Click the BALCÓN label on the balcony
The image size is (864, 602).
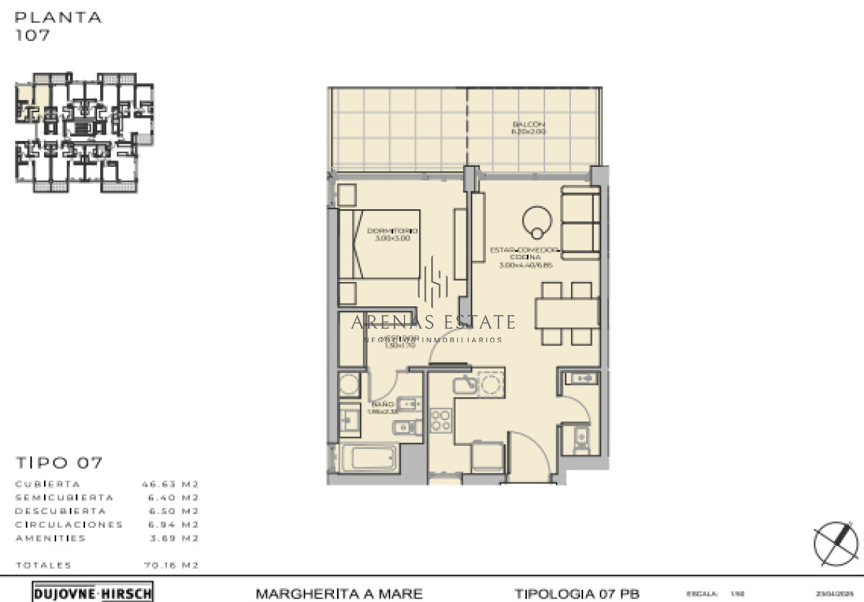pyautogui.click(x=528, y=127)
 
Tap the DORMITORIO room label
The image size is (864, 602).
pyautogui.click(x=392, y=234)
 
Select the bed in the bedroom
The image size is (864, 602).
pyautogui.click(x=379, y=244)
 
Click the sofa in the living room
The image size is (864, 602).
pyautogui.click(x=580, y=222)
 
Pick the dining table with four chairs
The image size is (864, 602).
pyautogui.click(x=567, y=313)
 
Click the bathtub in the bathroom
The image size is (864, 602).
pyautogui.click(x=368, y=457)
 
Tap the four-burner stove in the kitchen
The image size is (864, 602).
pyautogui.click(x=441, y=421)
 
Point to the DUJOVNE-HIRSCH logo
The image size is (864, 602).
pyautogui.click(x=93, y=593)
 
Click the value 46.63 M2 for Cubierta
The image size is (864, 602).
pyautogui.click(x=170, y=484)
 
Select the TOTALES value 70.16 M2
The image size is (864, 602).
pyautogui.click(x=170, y=565)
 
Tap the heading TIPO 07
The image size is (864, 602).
pyautogui.click(x=59, y=462)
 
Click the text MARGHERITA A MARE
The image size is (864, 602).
pyautogui.click(x=339, y=593)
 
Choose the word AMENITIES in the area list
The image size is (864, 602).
pyautogui.click(x=50, y=538)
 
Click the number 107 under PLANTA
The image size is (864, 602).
pyautogui.click(x=33, y=35)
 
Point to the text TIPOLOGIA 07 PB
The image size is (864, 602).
pyautogui.click(x=576, y=593)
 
